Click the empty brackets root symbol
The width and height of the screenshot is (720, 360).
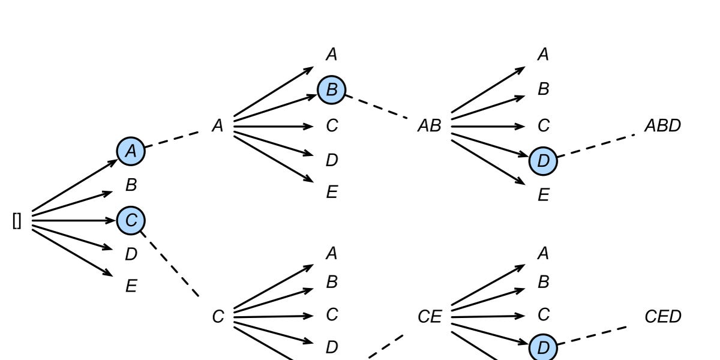17,221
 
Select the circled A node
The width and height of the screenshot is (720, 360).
131,151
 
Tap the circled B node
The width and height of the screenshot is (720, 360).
332,90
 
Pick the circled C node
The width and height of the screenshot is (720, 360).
131,221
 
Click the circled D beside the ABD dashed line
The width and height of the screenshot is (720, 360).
543,161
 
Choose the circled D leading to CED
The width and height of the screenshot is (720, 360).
543,347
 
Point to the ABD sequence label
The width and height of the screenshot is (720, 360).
662,126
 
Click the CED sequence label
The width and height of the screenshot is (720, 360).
662,316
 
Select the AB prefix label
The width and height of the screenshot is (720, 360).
429,126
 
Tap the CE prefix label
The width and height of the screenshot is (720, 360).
429,316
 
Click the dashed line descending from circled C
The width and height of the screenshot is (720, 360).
171,264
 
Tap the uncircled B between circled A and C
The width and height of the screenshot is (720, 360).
131,185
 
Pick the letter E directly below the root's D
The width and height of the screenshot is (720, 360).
131,286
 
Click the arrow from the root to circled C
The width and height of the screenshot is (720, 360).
72,221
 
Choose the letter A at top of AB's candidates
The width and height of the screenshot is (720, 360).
543,55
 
